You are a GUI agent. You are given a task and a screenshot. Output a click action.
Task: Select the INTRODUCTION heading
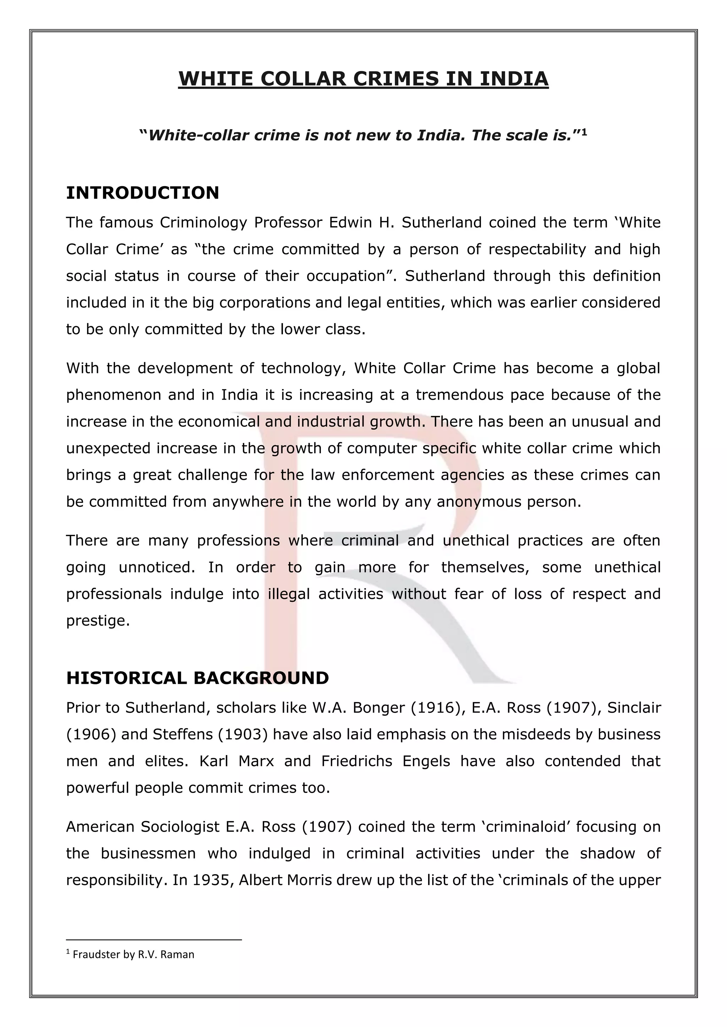pyautogui.click(x=142, y=193)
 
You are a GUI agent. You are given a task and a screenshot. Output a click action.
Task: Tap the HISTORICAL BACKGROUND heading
pyautogui.click(x=197, y=678)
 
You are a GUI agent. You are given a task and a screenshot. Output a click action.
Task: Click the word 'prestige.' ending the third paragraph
pyautogui.click(x=98, y=621)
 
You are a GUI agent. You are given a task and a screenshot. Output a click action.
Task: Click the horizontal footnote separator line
pyautogui.click(x=154, y=940)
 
